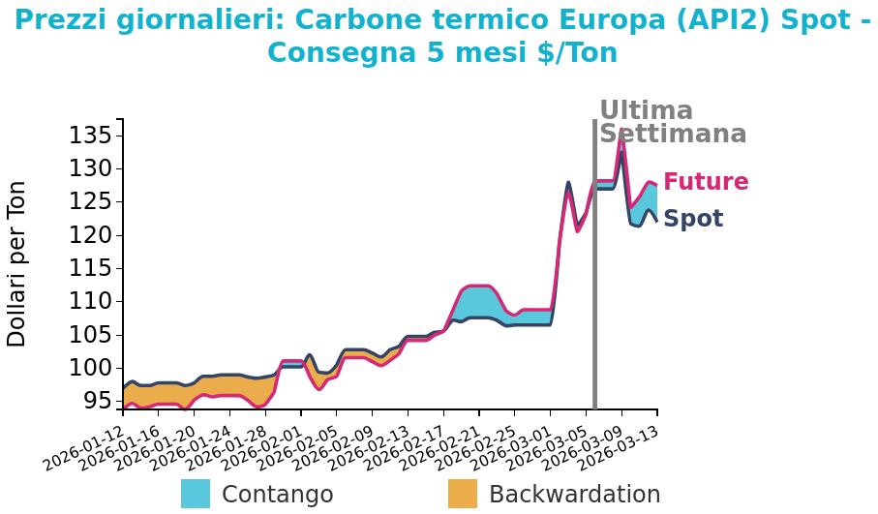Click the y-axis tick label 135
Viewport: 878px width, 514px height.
[x=89, y=136]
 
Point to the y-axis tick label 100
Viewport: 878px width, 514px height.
[x=89, y=368]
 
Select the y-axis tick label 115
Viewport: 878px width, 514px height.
[x=89, y=268]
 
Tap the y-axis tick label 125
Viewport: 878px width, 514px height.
[x=89, y=202]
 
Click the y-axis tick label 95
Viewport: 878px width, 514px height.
[x=95, y=401]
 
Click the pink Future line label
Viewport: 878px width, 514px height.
[x=706, y=182]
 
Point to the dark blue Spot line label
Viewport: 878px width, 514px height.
[x=693, y=219]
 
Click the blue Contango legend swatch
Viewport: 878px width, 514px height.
[x=196, y=494]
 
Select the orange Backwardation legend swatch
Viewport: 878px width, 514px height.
[x=463, y=494]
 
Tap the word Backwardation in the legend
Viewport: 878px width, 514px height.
[x=574, y=495]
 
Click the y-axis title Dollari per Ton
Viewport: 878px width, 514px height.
[x=17, y=263]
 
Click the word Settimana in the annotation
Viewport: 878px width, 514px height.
[x=673, y=135]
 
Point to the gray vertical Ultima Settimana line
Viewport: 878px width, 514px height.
[x=594, y=290]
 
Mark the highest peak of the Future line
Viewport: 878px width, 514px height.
[x=621, y=133]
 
